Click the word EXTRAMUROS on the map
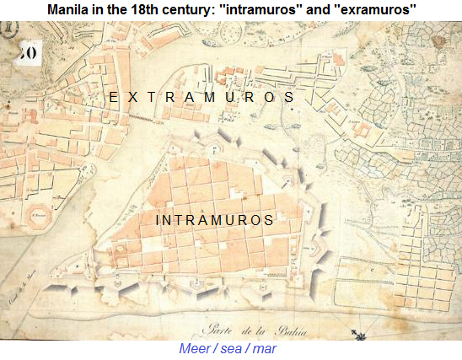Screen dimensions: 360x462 (201, 98)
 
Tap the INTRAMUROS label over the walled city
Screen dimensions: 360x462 (215, 220)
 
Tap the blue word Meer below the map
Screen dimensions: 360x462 (196, 348)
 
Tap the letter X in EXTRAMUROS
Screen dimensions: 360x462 (130, 98)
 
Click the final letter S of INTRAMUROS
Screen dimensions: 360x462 (268, 220)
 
